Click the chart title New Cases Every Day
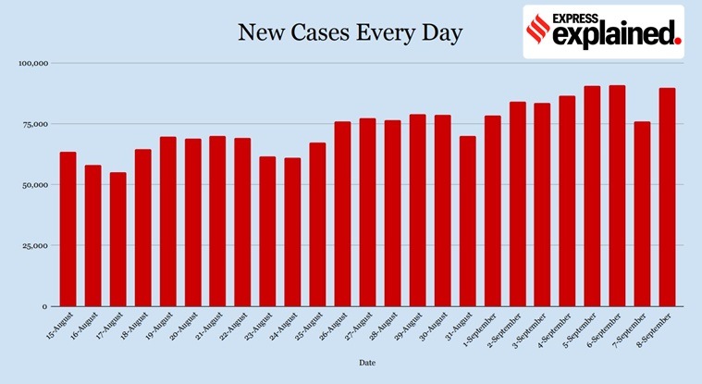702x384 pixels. (x=351, y=33)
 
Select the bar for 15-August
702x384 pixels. (x=68, y=229)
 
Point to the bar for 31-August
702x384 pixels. (x=468, y=221)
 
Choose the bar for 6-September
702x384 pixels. (x=618, y=195)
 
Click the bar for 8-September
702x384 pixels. (x=668, y=196)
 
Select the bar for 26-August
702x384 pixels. (x=342, y=214)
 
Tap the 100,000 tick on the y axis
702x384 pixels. (x=33, y=63)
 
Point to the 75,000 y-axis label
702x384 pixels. (x=35, y=124)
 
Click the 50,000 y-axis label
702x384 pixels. (x=35, y=185)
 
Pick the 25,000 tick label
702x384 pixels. (x=35, y=245)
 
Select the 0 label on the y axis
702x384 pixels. (x=44, y=306)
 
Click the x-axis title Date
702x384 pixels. (x=367, y=364)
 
